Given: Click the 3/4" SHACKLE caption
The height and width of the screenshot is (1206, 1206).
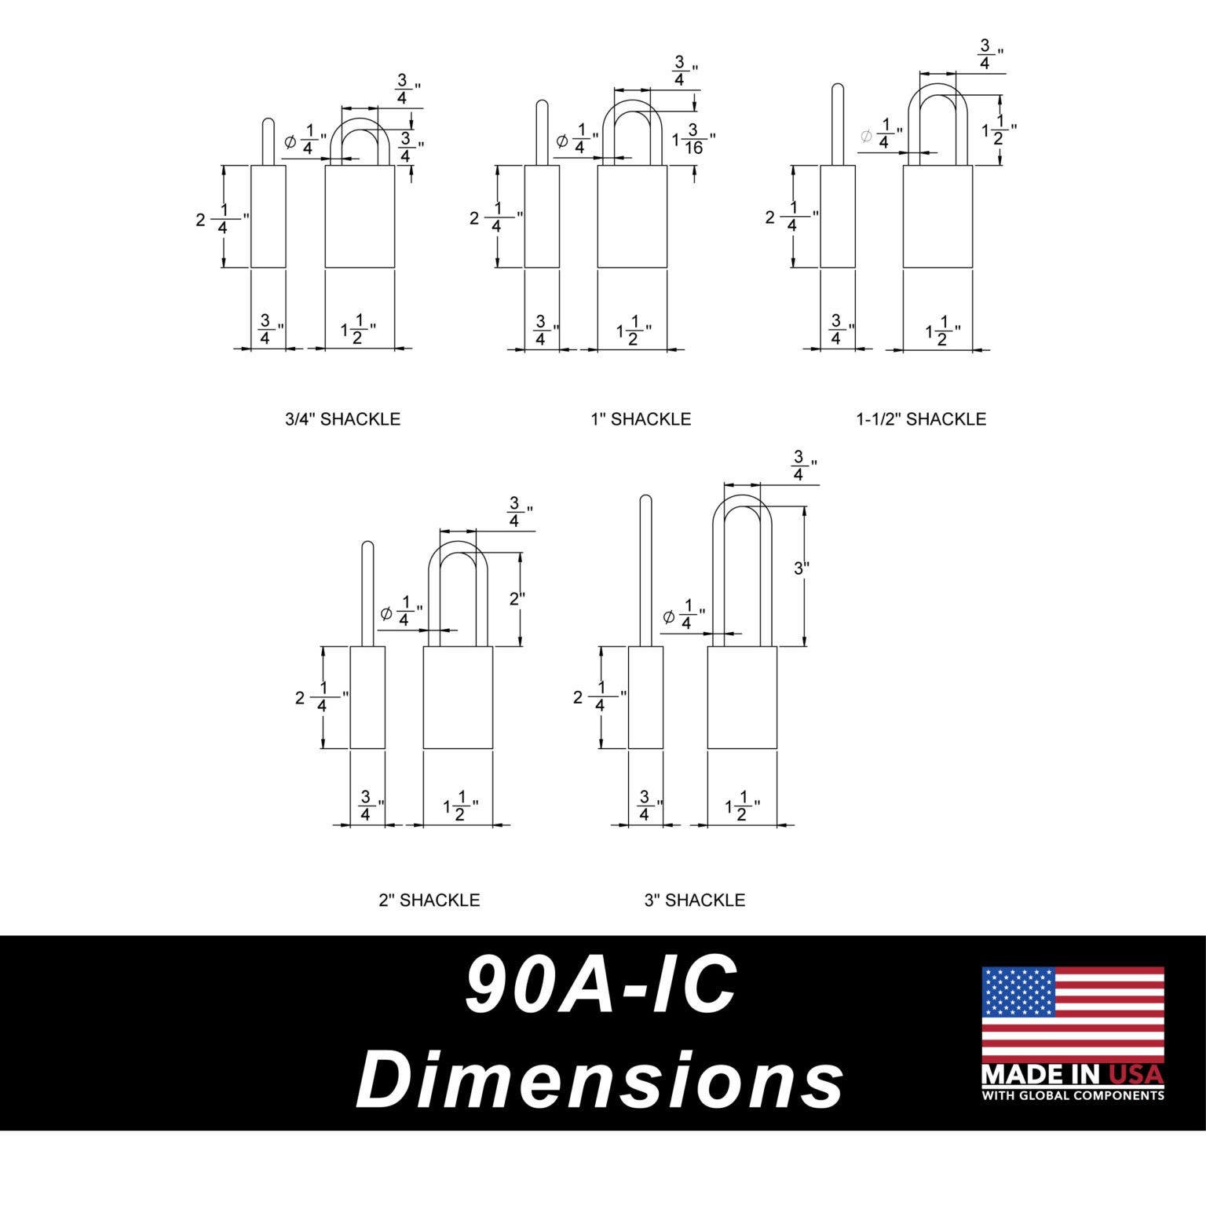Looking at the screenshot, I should coord(342,419).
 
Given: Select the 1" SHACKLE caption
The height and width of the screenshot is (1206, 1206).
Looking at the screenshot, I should coord(641,419).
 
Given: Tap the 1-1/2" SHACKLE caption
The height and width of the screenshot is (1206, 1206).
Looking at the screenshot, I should coord(920,419).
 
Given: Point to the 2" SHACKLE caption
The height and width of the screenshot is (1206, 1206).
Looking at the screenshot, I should coord(429,900).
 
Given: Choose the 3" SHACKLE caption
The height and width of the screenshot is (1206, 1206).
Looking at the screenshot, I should coord(694,900).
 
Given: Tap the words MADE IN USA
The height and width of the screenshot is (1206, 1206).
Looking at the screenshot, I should coord(1073,1074).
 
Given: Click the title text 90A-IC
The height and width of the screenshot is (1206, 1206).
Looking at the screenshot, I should coord(601,986).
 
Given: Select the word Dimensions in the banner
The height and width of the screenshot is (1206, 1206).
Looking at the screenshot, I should coord(601,1080).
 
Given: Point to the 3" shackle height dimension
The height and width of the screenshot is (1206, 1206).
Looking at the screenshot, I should coord(801,568).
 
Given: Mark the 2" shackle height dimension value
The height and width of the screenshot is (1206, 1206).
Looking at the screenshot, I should coord(517,598).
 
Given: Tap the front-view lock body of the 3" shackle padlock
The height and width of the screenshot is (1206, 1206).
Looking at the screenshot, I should coord(742,697).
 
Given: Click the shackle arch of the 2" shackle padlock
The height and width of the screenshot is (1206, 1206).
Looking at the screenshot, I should coord(459,550).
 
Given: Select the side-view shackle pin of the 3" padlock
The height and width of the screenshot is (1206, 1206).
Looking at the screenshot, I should coord(645,569).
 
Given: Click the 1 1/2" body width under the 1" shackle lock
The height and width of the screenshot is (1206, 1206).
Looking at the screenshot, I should coord(633,331).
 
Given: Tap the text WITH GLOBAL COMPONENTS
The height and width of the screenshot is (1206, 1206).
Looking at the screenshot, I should coord(1073,1095).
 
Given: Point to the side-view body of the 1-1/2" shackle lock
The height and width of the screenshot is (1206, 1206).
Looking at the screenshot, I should coord(838,216).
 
